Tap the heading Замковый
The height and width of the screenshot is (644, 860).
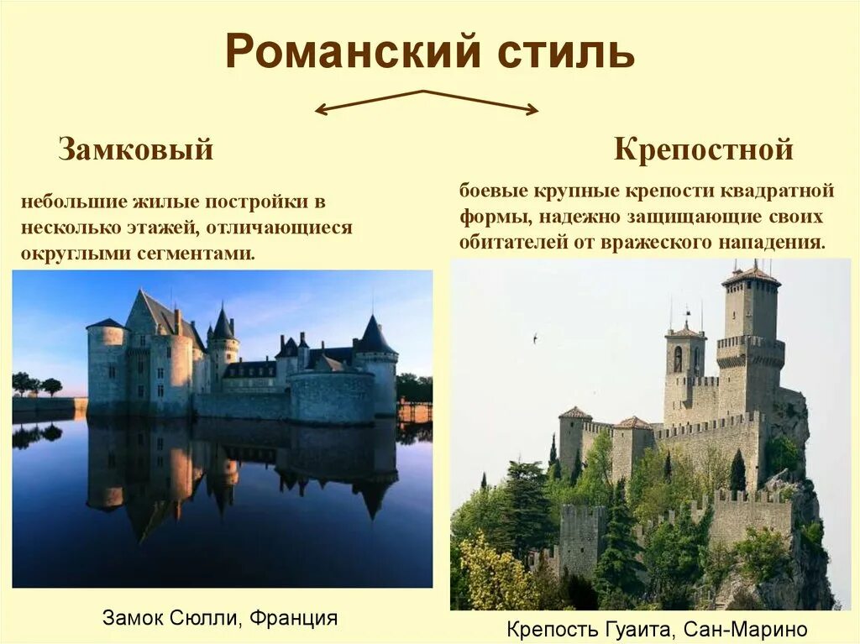135,150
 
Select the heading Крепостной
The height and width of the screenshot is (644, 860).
704,149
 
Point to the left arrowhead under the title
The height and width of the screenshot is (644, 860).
320,109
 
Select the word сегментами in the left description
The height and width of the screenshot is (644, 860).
202,253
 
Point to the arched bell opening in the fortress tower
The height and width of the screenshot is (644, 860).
678,359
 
